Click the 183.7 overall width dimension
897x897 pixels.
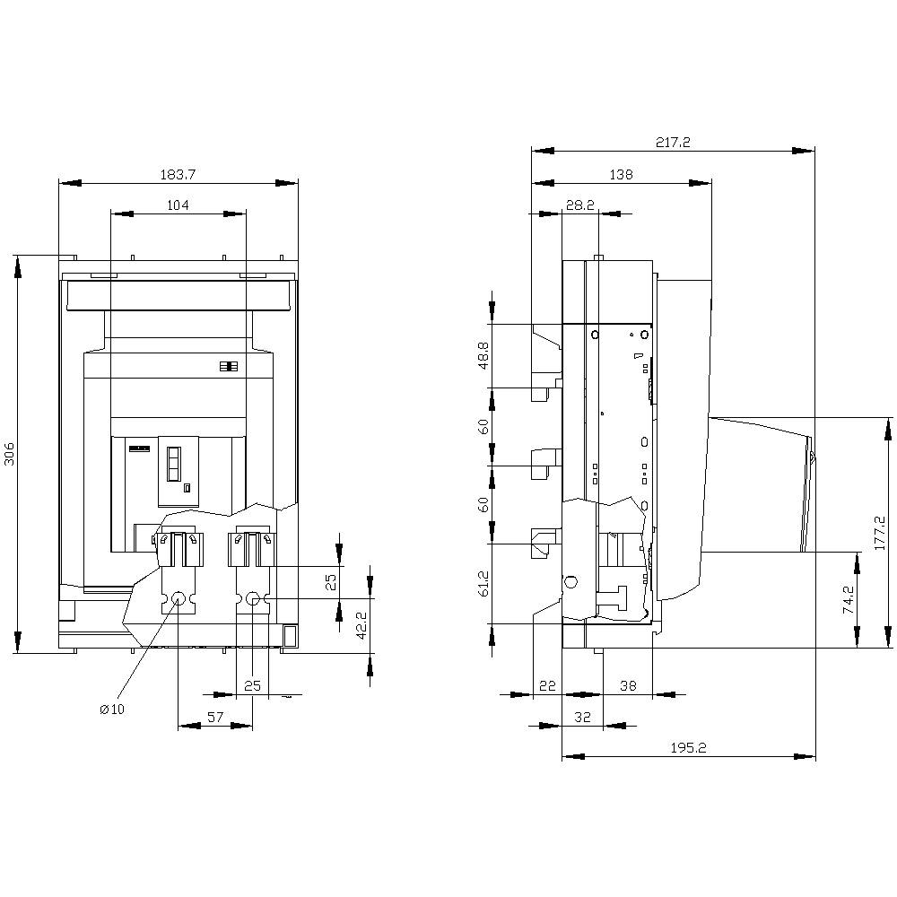pos(178,172)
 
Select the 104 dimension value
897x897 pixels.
pos(178,205)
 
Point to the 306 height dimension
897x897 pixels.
pos(9,454)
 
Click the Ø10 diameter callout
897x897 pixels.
pos(112,709)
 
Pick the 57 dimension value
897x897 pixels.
pos(215,716)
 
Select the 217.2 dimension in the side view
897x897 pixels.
pos(673,142)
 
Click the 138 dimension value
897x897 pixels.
pos(621,175)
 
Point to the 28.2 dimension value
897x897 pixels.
pos(580,205)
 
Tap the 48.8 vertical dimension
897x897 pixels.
pos(483,355)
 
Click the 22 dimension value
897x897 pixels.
pos(546,685)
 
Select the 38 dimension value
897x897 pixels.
pos(628,685)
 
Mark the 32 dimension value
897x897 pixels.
pos(582,717)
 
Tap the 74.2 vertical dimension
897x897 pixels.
pos(846,599)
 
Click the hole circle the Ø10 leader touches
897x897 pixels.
pos(178,598)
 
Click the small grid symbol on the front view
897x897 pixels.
pos(227,367)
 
